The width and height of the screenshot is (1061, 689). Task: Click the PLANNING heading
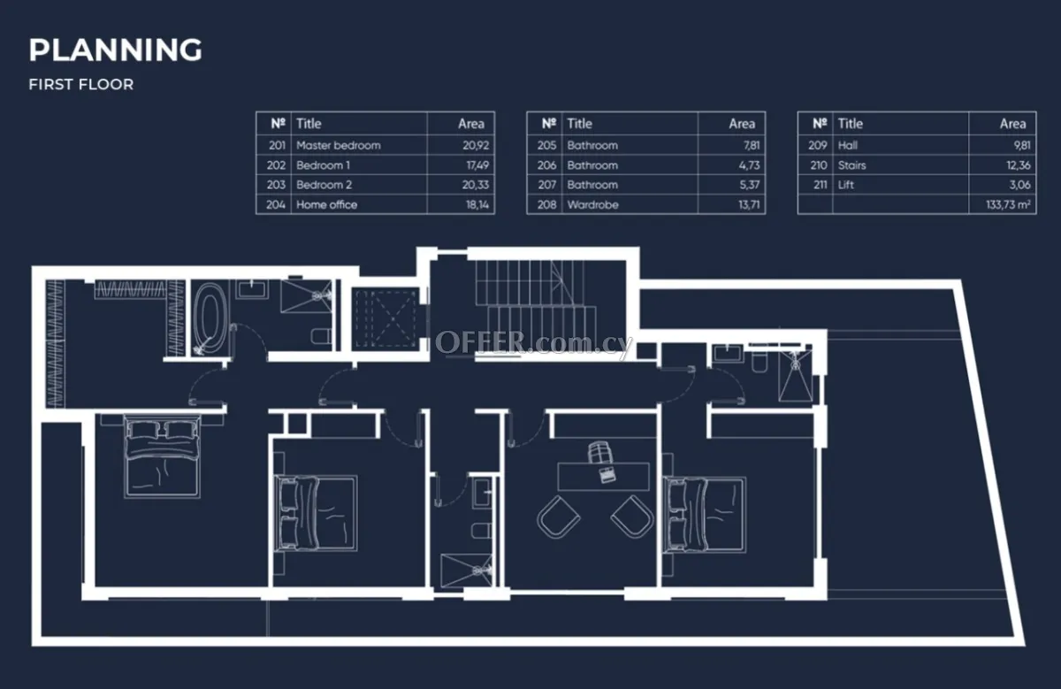(x=116, y=50)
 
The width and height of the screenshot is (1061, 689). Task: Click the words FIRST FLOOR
(x=81, y=84)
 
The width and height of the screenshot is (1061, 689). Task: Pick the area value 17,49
(x=477, y=165)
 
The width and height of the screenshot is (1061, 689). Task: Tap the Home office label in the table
(x=327, y=204)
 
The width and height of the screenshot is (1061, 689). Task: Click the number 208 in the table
(x=546, y=204)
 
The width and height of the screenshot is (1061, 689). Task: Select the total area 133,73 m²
(x=1008, y=204)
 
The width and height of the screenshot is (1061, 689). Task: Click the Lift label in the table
(x=846, y=185)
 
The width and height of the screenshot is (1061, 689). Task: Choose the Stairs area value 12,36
(x=1019, y=165)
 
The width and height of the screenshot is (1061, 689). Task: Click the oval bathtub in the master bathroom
(x=210, y=318)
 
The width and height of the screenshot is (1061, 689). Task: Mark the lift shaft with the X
(x=386, y=318)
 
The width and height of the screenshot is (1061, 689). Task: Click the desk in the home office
(x=603, y=476)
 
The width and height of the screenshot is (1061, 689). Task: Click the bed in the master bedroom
(x=162, y=456)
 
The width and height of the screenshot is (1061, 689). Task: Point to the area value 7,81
(x=752, y=145)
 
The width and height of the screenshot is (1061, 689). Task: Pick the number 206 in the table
(x=546, y=165)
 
